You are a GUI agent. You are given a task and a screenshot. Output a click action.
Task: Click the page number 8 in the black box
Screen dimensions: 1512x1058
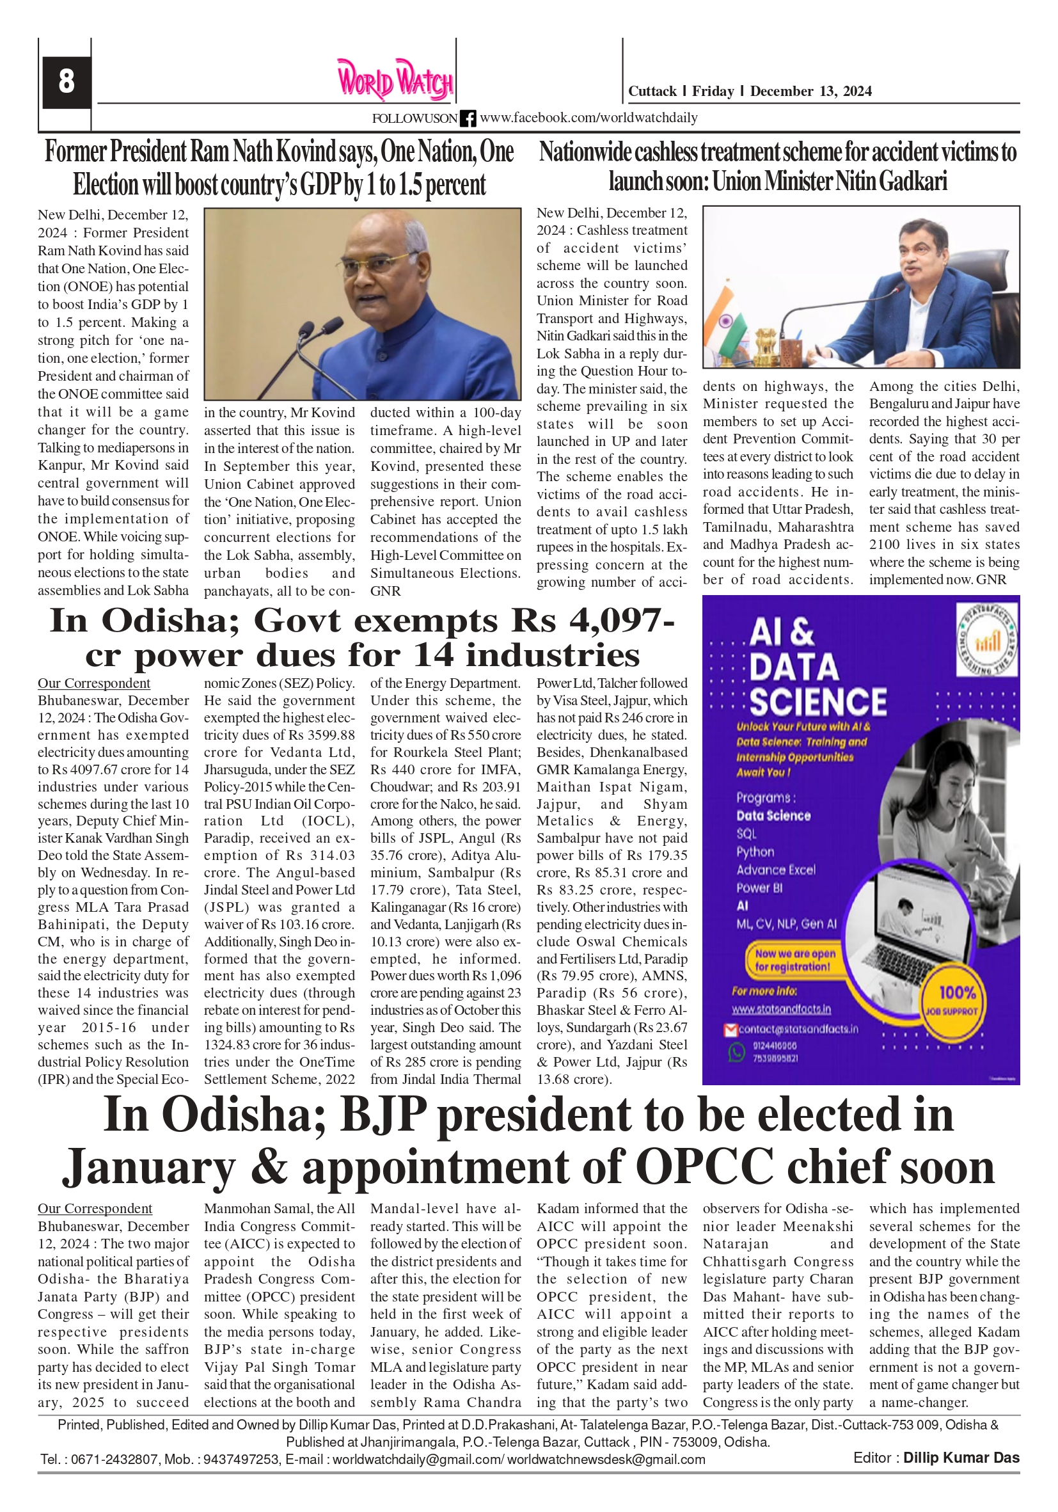[x=66, y=82]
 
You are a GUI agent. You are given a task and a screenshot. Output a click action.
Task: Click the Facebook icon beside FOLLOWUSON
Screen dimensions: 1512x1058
[x=468, y=118]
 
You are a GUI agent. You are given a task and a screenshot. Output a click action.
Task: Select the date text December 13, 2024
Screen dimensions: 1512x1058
[x=810, y=92]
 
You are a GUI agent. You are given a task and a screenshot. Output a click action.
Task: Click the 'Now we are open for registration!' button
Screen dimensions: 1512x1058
[x=794, y=960]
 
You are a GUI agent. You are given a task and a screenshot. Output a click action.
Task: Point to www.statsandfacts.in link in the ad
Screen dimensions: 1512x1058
[x=781, y=1009]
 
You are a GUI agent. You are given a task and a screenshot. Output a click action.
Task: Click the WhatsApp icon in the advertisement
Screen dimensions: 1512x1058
[x=735, y=1053]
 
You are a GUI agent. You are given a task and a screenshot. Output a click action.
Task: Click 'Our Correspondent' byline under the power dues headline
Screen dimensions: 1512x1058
[x=93, y=683]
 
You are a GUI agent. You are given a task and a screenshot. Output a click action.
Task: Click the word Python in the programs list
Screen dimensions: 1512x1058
[x=755, y=852]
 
